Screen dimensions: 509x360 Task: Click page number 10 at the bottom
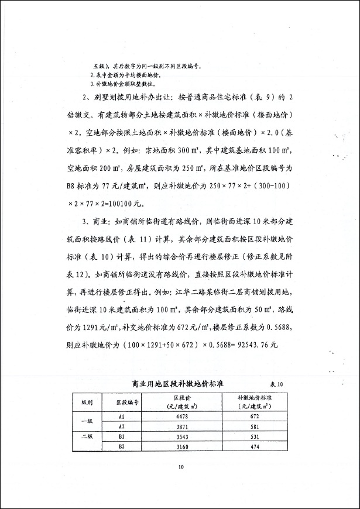(x=181, y=466)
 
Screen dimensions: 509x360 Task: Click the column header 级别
(x=87, y=403)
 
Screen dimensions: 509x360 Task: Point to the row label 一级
(x=87, y=422)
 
